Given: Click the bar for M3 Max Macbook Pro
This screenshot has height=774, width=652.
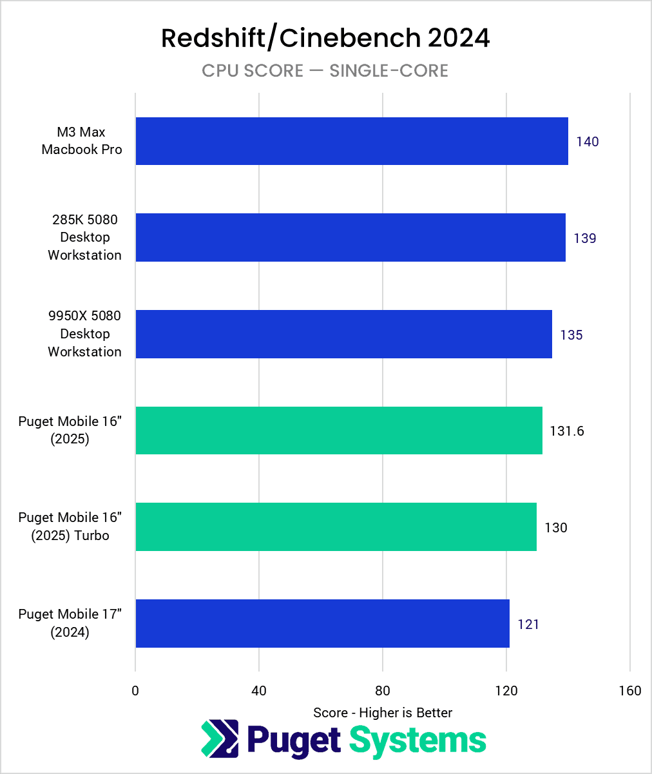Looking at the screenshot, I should tap(351, 141).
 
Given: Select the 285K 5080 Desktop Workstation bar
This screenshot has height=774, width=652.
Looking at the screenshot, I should tap(350, 238).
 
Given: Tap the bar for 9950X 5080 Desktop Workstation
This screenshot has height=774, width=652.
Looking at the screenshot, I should tap(343, 334).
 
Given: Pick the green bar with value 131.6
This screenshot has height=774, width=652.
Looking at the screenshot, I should tap(338, 431).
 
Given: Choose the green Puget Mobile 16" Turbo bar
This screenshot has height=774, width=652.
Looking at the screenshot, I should tap(336, 527).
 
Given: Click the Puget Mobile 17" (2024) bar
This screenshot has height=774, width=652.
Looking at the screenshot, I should tap(322, 623).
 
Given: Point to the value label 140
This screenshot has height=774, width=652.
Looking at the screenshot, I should tap(587, 142).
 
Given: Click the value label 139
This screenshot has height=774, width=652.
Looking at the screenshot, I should tap(585, 238).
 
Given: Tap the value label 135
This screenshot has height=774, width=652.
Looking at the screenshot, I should tap(571, 335).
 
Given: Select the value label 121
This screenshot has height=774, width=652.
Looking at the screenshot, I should tap(528, 624).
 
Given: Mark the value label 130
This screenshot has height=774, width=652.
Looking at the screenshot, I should tap(555, 528).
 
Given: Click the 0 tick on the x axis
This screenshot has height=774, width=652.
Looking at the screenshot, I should tap(135, 691).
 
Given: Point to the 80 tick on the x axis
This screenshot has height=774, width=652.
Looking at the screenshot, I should tap(383, 691).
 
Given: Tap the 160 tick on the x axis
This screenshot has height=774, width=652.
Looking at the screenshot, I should tap(629, 691).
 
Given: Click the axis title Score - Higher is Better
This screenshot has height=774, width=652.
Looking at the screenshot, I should tap(383, 712).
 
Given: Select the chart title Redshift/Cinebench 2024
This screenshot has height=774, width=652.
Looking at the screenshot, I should tap(325, 38).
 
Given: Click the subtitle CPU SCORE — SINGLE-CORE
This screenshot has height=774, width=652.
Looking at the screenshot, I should tap(325, 70).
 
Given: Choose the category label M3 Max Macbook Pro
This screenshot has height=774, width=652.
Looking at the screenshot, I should tap(82, 141).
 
